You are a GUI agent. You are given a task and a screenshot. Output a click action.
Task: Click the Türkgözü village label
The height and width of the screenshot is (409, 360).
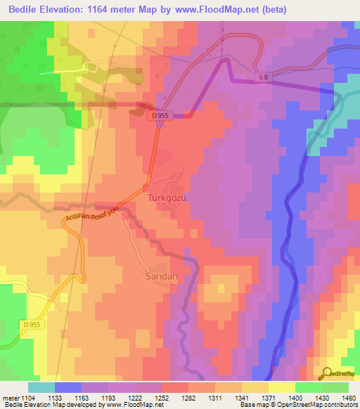pyautogui.click(x=167, y=198)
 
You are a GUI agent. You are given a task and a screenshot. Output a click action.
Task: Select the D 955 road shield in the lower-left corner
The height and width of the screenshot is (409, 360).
pyautogui.click(x=32, y=325)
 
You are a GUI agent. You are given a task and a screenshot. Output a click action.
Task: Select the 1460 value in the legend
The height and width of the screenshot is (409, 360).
pyautogui.click(x=349, y=398)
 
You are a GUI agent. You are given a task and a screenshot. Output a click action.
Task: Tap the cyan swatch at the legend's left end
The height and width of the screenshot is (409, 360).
pyautogui.click(x=41, y=387)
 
